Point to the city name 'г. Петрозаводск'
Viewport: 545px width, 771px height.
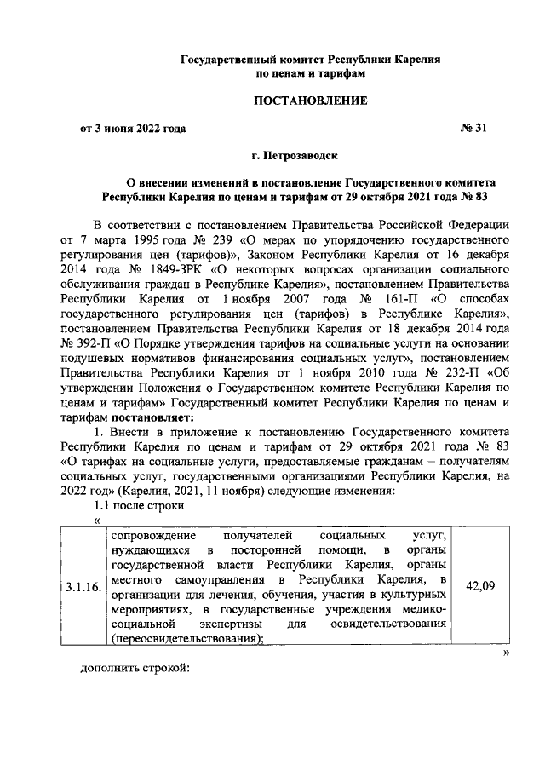point(295,157)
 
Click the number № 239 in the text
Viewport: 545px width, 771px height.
point(204,240)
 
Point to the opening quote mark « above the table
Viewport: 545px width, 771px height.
point(96,520)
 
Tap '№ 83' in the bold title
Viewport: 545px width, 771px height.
point(479,196)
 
